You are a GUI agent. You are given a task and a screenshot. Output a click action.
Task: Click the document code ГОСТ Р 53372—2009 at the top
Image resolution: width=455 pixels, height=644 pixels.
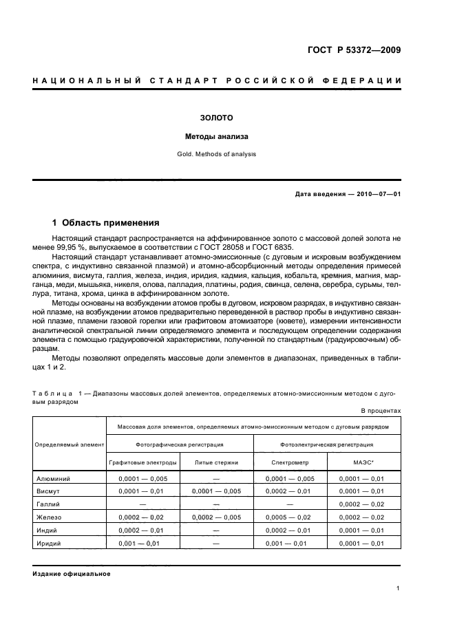354,50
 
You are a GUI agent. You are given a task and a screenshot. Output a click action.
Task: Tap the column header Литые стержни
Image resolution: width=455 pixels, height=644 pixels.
216,462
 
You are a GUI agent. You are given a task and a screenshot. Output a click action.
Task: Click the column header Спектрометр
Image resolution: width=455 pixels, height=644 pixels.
290,462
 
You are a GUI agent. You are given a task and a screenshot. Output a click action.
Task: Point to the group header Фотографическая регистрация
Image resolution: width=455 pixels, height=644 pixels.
180,444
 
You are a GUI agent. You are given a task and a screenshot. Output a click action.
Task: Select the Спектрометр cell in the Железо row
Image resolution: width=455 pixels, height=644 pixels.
290,517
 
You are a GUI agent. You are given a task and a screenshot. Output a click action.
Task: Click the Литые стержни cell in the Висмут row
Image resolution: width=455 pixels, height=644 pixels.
216,491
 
